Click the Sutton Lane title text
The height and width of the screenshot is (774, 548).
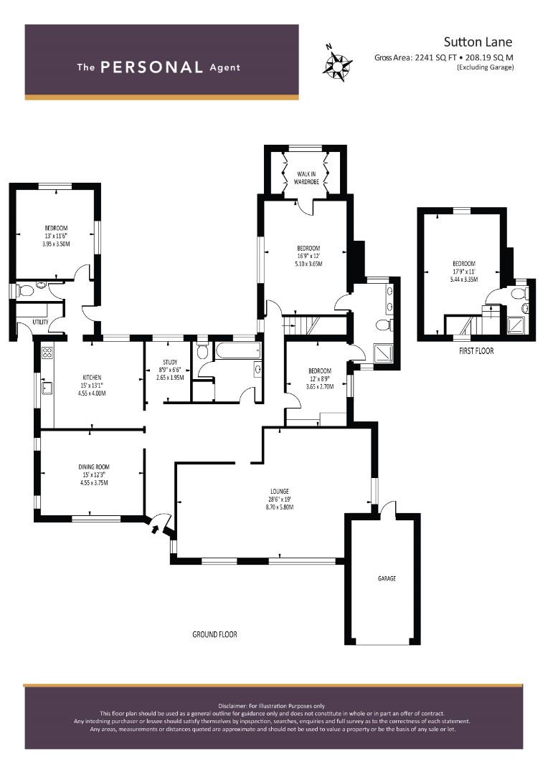point(478,42)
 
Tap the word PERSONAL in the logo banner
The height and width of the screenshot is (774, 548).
point(151,67)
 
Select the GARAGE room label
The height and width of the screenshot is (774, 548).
point(387,578)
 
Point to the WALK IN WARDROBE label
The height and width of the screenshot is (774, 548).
point(306,178)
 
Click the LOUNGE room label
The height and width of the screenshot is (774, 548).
point(279,491)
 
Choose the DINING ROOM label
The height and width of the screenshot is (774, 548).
point(94,467)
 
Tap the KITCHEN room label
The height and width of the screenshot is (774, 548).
point(92,378)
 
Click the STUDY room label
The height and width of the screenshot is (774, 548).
point(170,363)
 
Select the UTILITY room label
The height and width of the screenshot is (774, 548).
point(40,322)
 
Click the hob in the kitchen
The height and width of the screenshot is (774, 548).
point(47,353)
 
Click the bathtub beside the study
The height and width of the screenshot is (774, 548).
point(237,351)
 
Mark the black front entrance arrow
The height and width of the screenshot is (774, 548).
point(155,530)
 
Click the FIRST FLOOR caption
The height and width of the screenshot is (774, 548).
point(476,351)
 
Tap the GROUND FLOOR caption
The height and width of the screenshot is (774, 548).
point(214,634)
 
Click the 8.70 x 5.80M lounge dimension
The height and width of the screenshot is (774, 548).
point(280,507)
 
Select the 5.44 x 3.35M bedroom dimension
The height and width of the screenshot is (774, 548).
point(464,279)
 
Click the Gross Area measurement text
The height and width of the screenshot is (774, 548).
point(444,57)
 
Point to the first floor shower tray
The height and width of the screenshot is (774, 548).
point(516,325)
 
